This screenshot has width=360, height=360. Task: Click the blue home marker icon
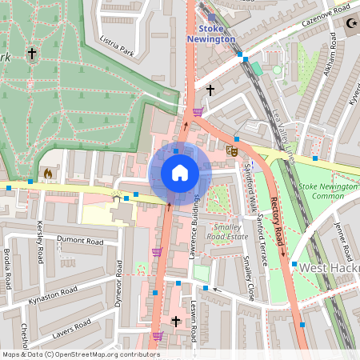179,173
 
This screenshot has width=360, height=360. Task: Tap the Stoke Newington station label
211,33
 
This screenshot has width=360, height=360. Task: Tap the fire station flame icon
47,172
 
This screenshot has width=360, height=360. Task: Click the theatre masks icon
233,150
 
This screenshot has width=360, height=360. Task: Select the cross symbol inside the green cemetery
31,54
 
